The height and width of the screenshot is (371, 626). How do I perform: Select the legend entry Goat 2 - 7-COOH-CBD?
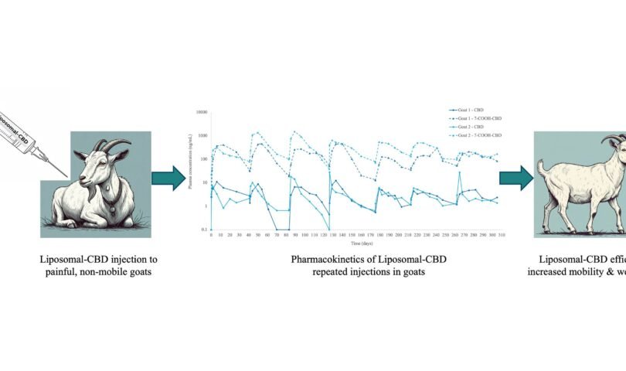click(x=474, y=135)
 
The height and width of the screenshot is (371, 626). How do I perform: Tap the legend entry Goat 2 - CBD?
click(x=468, y=128)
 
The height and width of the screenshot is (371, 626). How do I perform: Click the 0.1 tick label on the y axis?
click(x=203, y=230)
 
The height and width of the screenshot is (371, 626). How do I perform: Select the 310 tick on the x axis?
click(x=502, y=234)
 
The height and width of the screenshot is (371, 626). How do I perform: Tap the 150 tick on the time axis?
click(x=352, y=234)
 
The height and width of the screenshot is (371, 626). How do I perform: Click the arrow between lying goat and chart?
click(x=169, y=179)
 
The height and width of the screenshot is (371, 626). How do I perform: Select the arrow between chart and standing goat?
click(x=515, y=179)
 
